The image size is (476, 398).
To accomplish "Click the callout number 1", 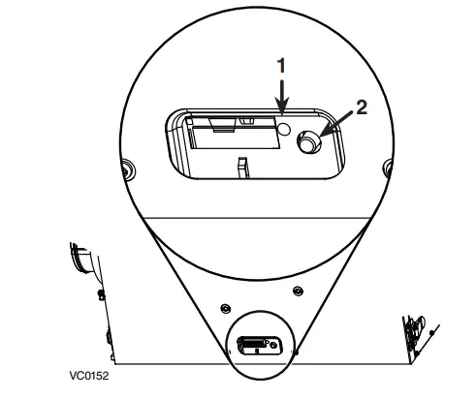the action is click(x=281, y=66).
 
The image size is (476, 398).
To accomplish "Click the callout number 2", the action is click(x=362, y=107).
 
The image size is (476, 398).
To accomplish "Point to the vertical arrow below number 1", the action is click(x=282, y=97).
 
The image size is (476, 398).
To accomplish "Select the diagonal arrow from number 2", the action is click(x=336, y=124).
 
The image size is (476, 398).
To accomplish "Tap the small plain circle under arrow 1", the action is click(x=284, y=130).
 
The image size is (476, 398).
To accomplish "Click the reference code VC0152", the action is click(x=89, y=376).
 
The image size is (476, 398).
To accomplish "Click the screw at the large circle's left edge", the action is click(x=128, y=168).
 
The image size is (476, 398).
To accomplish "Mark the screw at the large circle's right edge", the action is click(x=388, y=168).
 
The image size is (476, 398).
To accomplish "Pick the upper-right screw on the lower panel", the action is click(x=298, y=291).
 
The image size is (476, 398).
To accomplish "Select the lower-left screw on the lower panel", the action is click(x=225, y=309).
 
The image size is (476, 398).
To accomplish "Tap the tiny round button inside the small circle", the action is click(x=274, y=345).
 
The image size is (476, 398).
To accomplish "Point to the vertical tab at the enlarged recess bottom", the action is click(x=242, y=168).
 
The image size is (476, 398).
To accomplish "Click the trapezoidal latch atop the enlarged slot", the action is click(x=222, y=125).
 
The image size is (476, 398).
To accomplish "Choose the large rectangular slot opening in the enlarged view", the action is click(x=234, y=133).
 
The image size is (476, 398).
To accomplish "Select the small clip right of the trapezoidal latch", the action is click(x=246, y=121).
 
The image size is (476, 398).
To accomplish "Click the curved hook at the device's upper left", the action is click(x=82, y=259).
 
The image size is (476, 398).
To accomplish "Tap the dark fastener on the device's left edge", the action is click(x=102, y=294).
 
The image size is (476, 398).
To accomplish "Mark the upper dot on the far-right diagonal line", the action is click(x=431, y=332).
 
